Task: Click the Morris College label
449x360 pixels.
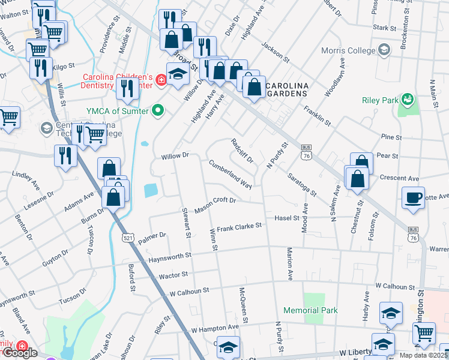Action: (x=348, y=52)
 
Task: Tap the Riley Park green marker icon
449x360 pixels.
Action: (x=408, y=97)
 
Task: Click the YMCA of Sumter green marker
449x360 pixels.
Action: (x=158, y=110)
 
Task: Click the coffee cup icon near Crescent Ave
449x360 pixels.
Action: (x=413, y=198)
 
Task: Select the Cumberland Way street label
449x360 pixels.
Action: (x=230, y=173)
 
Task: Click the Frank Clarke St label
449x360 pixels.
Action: (x=240, y=227)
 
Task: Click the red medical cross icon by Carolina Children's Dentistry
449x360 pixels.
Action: (x=160, y=79)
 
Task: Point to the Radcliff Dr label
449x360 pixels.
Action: (x=242, y=151)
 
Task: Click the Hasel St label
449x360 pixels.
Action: (x=287, y=218)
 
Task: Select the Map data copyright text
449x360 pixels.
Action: (x=424, y=355)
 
